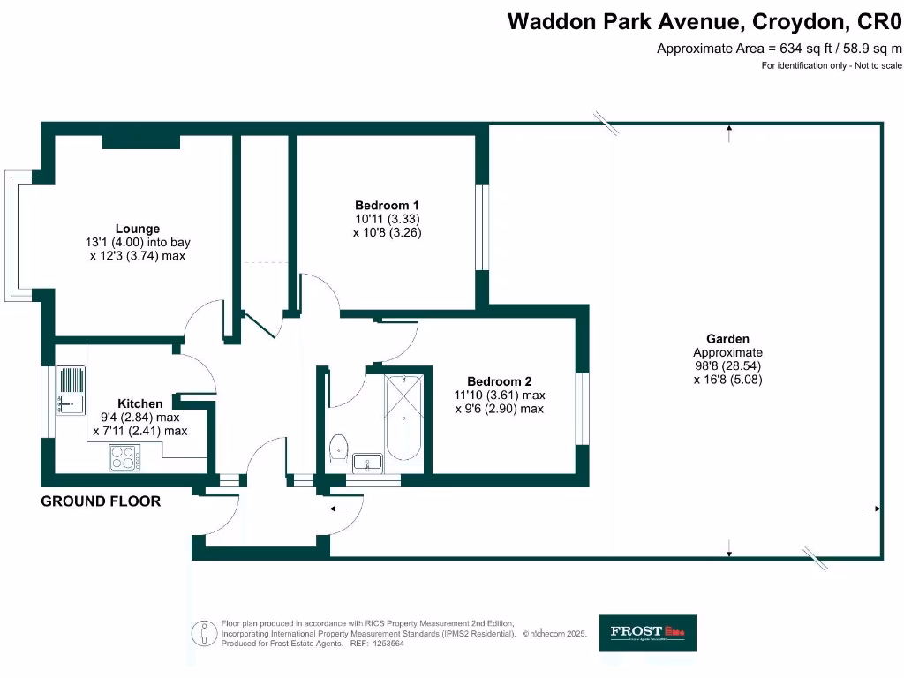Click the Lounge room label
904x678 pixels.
[x=137, y=228]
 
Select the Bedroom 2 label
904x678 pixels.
[x=500, y=381]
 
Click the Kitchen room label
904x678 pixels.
[x=139, y=403]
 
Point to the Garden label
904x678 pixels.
[x=727, y=338]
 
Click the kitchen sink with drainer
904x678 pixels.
[x=71, y=390]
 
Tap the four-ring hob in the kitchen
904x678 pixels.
[x=124, y=457]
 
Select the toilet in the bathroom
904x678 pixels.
[x=337, y=448]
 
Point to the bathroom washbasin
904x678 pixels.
[x=368, y=463]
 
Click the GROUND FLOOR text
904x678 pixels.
[x=101, y=501]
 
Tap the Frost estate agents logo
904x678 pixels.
[x=647, y=632]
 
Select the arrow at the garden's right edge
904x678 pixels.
[x=870, y=509]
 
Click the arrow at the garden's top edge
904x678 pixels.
[x=729, y=133]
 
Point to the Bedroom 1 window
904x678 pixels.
[x=482, y=227]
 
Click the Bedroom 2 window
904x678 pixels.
[x=582, y=409]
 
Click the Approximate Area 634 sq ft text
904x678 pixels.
[x=780, y=49]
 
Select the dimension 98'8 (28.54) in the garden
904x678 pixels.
[x=727, y=365]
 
